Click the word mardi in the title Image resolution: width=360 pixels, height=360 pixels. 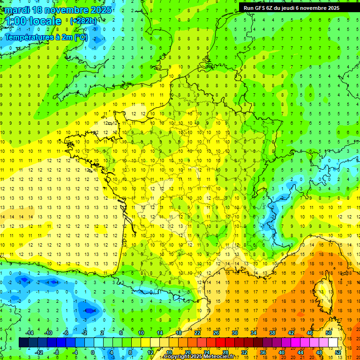(x=16, y=10)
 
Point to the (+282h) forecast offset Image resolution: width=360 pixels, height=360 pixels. (x=83, y=21)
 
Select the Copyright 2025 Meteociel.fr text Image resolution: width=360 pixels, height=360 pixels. (x=199, y=357)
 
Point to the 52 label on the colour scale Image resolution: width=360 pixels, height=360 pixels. (x=338, y=352)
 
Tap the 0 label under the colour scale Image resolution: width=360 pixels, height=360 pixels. (x=92, y=352)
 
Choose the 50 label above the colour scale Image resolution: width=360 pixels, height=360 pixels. (x=329, y=333)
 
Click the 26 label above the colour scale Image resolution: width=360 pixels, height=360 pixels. (x=216, y=333)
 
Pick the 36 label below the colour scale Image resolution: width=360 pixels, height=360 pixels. (x=263, y=352)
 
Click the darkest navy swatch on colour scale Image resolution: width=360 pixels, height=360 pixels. (x=23, y=343)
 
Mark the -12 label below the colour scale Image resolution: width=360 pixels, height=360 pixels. (x=39, y=352)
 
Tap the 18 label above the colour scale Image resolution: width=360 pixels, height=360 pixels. (x=179, y=333)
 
